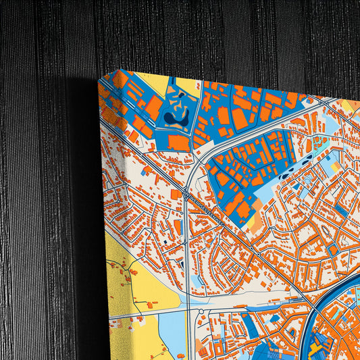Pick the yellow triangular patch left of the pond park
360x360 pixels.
click(154, 84)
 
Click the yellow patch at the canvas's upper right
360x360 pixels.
click(349, 106)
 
